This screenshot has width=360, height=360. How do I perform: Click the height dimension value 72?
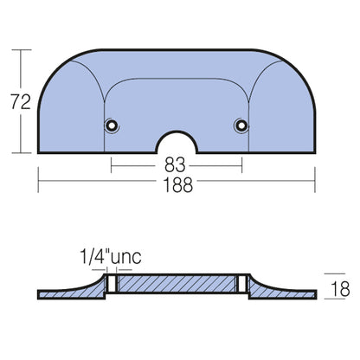(x=21, y=102)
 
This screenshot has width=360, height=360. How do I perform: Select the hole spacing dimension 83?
(x=175, y=165)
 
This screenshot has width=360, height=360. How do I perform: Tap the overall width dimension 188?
(x=177, y=185)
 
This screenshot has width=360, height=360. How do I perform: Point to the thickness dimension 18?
(x=340, y=289)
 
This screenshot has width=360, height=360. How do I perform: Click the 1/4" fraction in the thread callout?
(x=94, y=257)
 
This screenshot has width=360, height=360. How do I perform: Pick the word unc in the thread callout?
(x=126, y=257)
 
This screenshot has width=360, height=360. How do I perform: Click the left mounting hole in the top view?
(x=112, y=125)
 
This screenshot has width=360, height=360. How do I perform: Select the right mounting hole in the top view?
(x=241, y=125)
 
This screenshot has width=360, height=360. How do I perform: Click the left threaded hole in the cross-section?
(x=112, y=284)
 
